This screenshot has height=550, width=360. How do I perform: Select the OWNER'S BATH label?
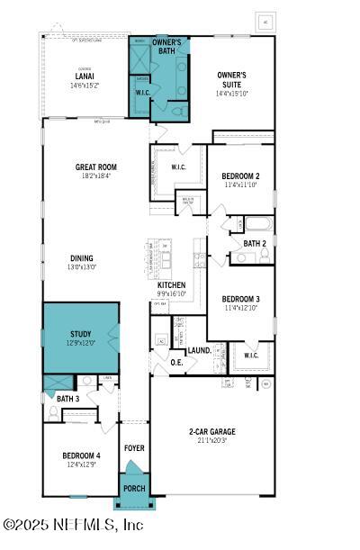[166, 46]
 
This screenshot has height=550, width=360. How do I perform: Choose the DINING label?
[82, 257]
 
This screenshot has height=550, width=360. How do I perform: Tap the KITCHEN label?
[171, 284]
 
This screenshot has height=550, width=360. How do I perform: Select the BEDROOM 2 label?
[240, 176]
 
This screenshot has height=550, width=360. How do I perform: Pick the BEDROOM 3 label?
[240, 298]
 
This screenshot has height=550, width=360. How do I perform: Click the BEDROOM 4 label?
[81, 455]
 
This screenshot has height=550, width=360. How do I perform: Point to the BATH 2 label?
[255, 243]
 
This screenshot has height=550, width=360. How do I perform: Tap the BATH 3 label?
[67, 398]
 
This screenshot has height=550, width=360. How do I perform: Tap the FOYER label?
[134, 447]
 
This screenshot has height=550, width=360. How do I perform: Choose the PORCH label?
[133, 490]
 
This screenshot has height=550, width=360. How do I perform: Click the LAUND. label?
[200, 350]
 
